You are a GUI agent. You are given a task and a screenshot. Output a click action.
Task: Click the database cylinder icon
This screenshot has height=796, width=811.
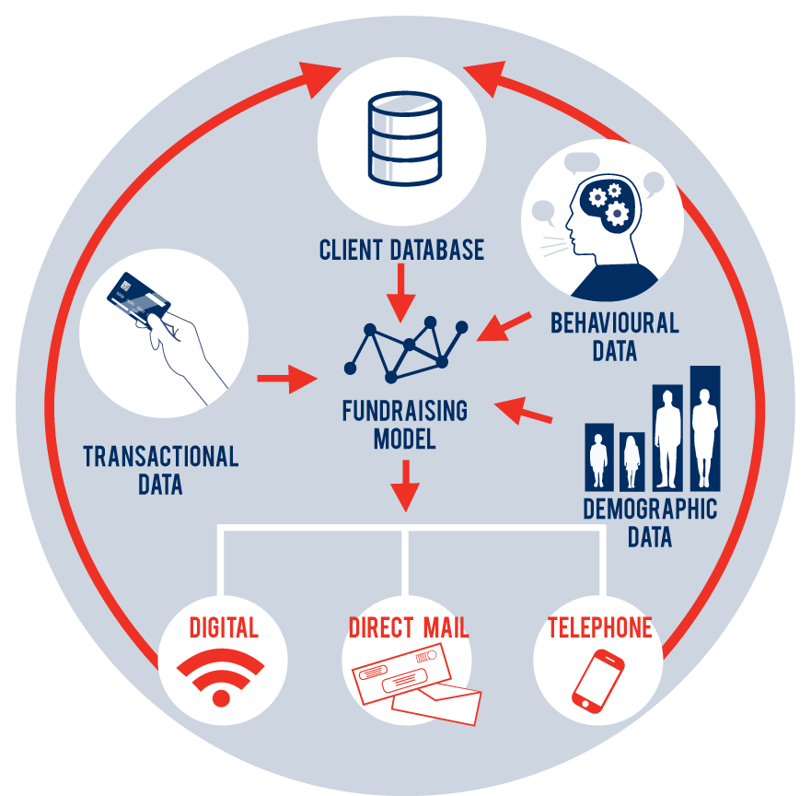click(404, 138)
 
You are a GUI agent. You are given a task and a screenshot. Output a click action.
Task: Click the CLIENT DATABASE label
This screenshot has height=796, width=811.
click(401, 250)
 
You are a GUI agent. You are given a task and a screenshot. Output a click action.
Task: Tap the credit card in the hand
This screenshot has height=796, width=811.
click(139, 299)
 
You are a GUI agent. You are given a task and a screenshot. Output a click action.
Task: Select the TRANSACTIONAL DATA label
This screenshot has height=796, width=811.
click(161, 470)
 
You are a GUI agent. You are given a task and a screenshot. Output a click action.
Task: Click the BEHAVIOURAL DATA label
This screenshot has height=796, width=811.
click(614, 337)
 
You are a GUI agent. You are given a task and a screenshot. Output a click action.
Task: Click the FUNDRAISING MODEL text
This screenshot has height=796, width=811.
click(404, 425)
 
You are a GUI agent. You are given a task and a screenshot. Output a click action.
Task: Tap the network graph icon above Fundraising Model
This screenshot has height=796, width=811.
click(406, 350)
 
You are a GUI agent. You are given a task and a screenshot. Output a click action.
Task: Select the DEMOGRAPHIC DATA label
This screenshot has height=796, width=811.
click(650, 522)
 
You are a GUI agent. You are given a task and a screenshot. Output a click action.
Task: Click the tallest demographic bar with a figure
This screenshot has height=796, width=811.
click(705, 428)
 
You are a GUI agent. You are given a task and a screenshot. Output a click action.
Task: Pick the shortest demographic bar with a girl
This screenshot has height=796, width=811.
click(632, 462)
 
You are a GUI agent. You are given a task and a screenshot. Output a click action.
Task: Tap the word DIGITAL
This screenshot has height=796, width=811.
click(224, 627)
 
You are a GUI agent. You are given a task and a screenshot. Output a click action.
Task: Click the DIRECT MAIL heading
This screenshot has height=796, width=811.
click(409, 627)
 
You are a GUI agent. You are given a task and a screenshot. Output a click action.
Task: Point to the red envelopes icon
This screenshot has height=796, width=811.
click(416, 684)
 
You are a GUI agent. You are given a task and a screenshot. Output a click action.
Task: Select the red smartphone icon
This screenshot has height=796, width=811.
click(598, 681)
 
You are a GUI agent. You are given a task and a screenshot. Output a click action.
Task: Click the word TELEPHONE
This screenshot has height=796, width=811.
click(600, 627)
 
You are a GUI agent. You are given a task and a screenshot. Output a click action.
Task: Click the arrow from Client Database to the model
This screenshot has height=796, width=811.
click(400, 293)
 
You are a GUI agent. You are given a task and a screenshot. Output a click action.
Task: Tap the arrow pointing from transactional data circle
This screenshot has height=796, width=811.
click(287, 379)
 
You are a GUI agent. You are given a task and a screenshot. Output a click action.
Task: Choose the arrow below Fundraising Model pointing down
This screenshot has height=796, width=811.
click(405, 486)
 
